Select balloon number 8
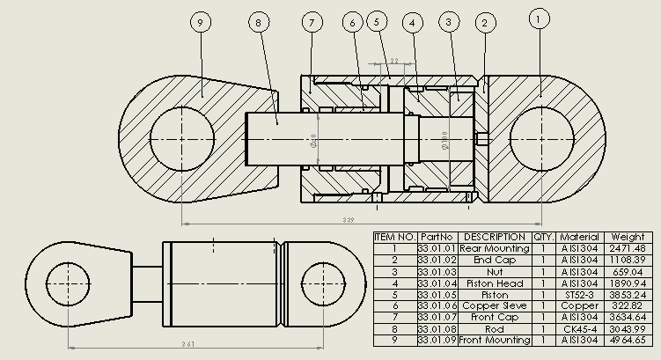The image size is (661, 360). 259,21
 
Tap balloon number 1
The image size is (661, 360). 540,17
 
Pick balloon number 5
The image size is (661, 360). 378,20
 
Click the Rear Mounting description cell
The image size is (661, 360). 495,249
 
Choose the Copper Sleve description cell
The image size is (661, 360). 495,306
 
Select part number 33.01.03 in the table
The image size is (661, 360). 437,272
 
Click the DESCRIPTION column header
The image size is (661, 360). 495,237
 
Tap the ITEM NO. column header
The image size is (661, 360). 394,237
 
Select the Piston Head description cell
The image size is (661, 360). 495,283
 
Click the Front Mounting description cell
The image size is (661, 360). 495,341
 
